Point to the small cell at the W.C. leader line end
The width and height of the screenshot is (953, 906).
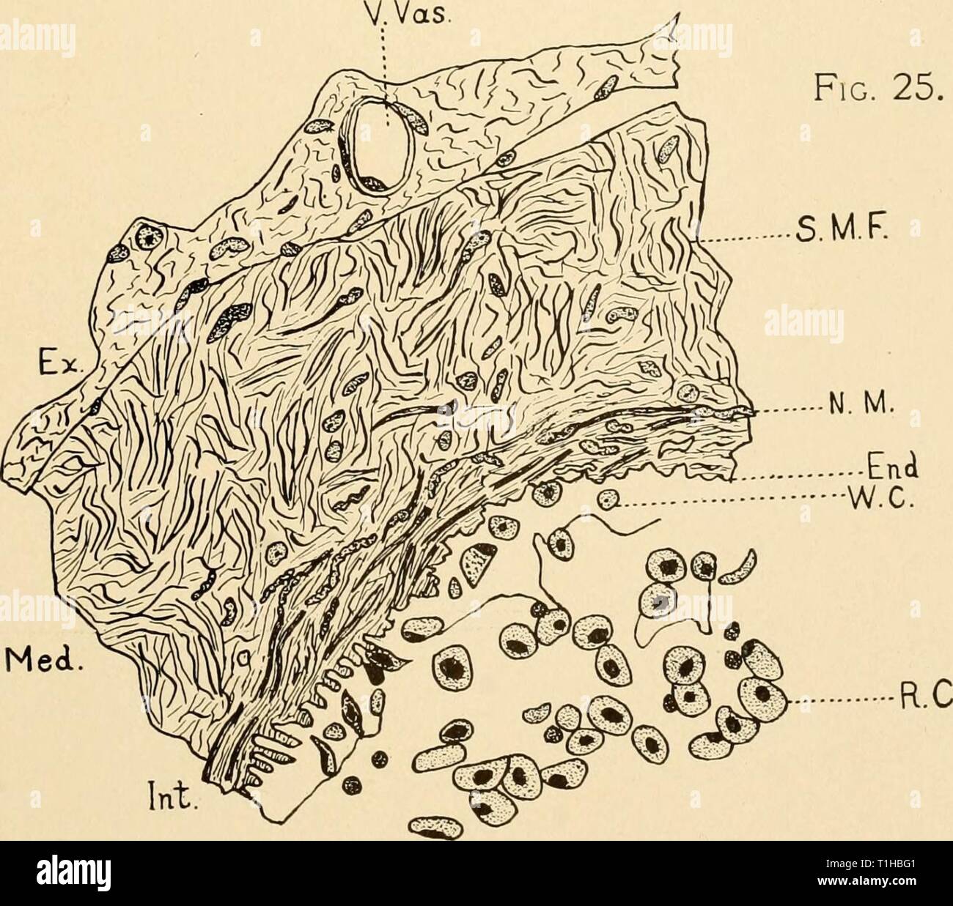(x=608, y=500)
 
